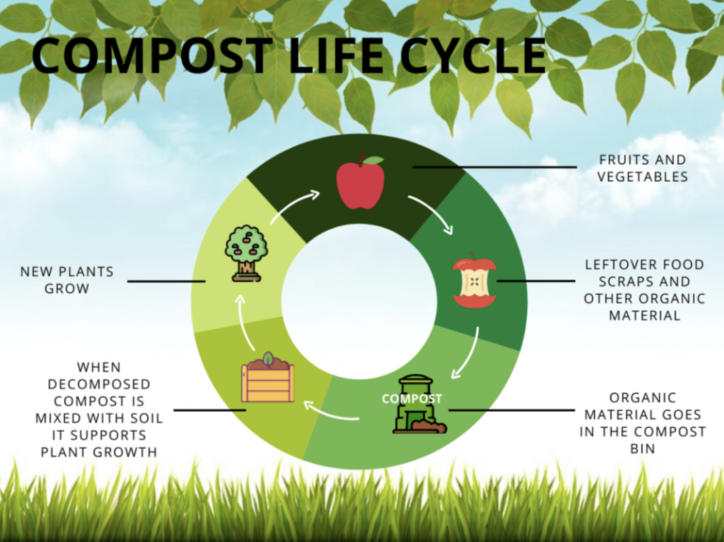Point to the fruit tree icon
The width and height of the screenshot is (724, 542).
point(246,253)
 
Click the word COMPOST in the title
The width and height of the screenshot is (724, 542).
point(152,56)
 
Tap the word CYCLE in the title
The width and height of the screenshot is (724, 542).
point(473,56)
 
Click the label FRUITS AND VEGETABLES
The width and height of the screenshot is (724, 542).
point(642,168)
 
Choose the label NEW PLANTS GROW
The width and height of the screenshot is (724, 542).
point(67,280)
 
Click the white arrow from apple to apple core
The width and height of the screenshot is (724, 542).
point(432,214)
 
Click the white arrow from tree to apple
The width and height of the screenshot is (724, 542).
point(294,206)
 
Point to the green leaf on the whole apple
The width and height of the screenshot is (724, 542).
point(374,160)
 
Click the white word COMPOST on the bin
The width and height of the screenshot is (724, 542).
point(411,399)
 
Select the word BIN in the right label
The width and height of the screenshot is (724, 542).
point(642,449)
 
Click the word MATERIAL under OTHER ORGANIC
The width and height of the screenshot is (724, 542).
point(644,315)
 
